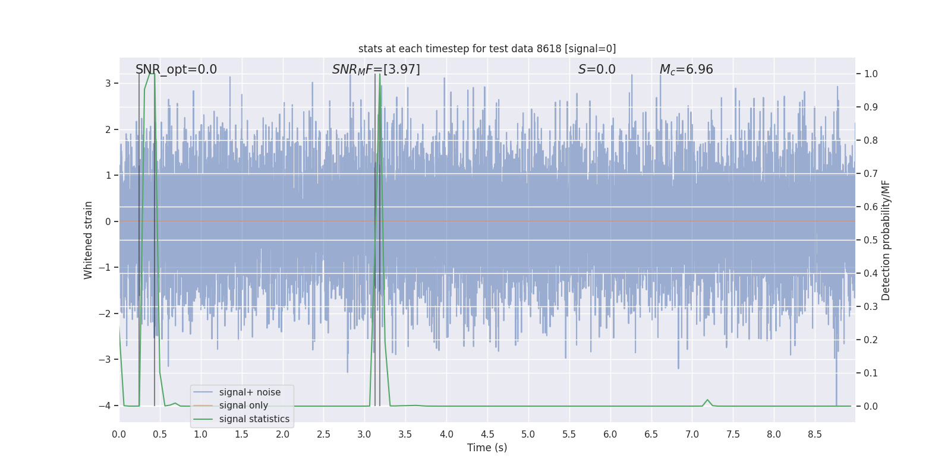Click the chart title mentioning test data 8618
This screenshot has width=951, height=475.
[x=487, y=49]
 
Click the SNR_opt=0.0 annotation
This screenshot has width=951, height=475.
[x=176, y=69]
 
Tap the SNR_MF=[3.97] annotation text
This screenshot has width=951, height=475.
[x=376, y=69]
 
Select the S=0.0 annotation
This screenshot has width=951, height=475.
[x=597, y=69]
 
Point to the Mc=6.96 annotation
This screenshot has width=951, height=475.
[x=686, y=69]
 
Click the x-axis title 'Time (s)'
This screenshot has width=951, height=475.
[x=487, y=448]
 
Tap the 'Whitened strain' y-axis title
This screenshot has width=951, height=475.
[x=89, y=240]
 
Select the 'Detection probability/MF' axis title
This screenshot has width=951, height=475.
[x=886, y=240]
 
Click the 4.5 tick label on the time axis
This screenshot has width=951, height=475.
[x=487, y=435]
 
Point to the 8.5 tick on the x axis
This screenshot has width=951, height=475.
[x=814, y=435]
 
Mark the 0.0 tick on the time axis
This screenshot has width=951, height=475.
[x=119, y=435]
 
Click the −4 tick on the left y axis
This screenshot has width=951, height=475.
[x=105, y=406]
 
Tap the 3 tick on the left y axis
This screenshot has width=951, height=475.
[x=108, y=83]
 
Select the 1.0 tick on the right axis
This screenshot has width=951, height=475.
[x=871, y=74]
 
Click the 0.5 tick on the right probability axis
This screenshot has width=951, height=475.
[x=871, y=240]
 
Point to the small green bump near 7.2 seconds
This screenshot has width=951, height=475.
[x=707, y=400]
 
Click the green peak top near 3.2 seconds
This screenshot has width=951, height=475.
[x=379, y=75]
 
